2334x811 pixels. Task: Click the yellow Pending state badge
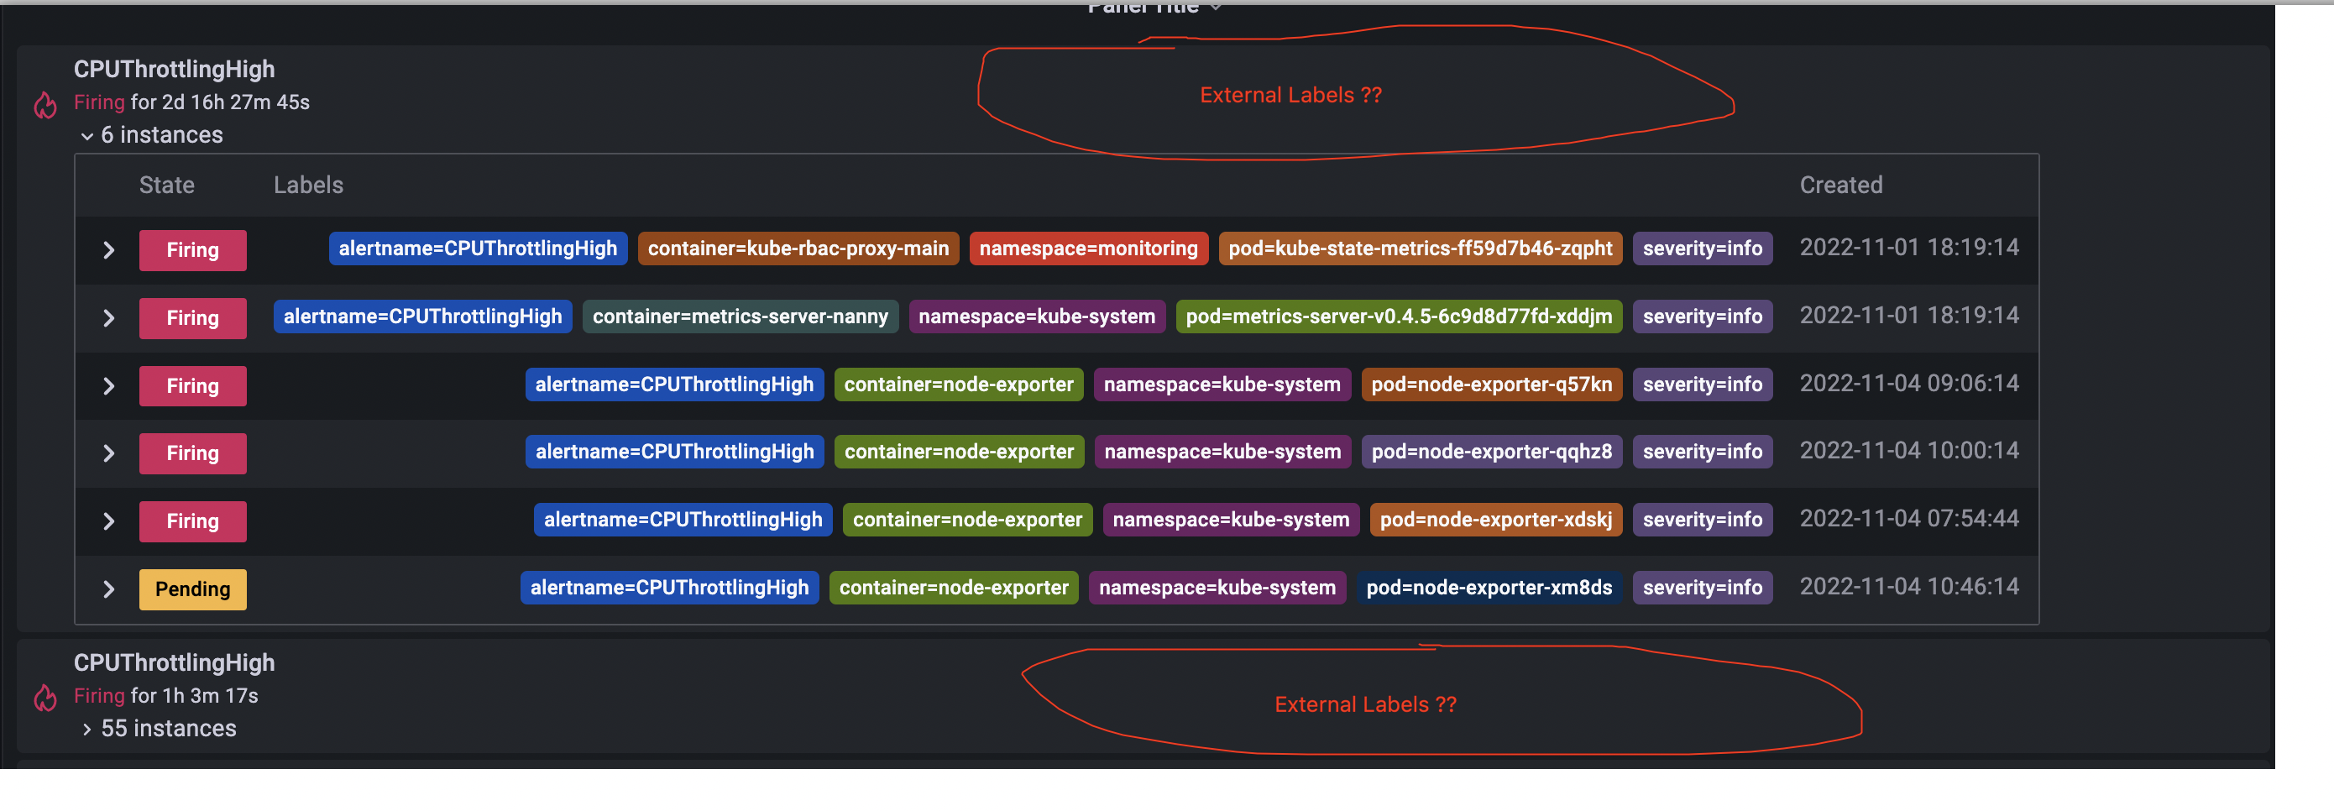pyautogui.click(x=192, y=589)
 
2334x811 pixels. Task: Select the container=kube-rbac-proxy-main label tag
pyautogui.click(x=798, y=249)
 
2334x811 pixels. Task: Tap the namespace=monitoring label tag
pyautogui.click(x=1087, y=249)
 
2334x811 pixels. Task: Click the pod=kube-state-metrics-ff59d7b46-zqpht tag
pyautogui.click(x=1420, y=249)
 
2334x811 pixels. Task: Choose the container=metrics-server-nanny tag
pyautogui.click(x=740, y=317)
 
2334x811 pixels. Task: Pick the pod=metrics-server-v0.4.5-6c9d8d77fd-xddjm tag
pyautogui.click(x=1398, y=317)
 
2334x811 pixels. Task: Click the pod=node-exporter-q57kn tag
pyautogui.click(x=1490, y=385)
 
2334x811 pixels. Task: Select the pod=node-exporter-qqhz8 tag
pyautogui.click(x=1490, y=452)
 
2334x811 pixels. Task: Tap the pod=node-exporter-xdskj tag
pyautogui.click(x=1495, y=519)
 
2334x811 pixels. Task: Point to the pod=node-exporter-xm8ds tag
pyautogui.click(x=1489, y=587)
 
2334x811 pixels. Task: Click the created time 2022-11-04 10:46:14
pyautogui.click(x=1908, y=586)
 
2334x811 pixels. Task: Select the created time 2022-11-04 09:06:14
pyautogui.click(x=1908, y=384)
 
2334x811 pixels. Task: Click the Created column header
pyautogui.click(x=1840, y=185)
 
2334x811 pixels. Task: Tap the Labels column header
pyautogui.click(x=308, y=185)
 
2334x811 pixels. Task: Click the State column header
pyautogui.click(x=167, y=185)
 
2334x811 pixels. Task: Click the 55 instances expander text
pyautogui.click(x=168, y=729)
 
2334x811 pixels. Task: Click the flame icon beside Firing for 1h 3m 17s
pyautogui.click(x=45, y=697)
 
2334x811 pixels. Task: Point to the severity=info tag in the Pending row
pyautogui.click(x=1702, y=587)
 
